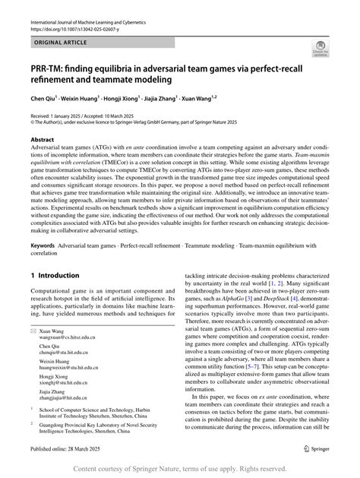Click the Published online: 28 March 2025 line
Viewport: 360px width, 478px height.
(68, 450)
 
